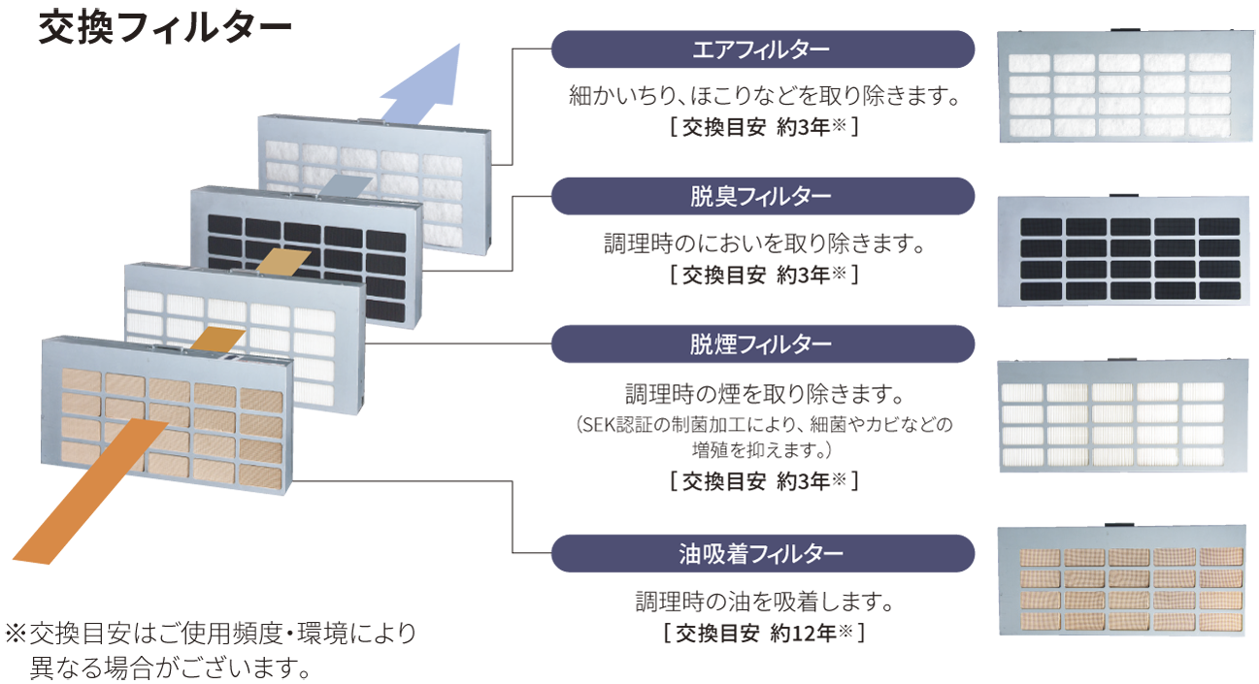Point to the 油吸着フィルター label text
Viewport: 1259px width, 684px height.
click(x=761, y=554)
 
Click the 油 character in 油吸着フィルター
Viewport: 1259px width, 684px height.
click(x=688, y=554)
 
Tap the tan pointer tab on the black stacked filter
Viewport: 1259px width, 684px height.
click(x=283, y=260)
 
